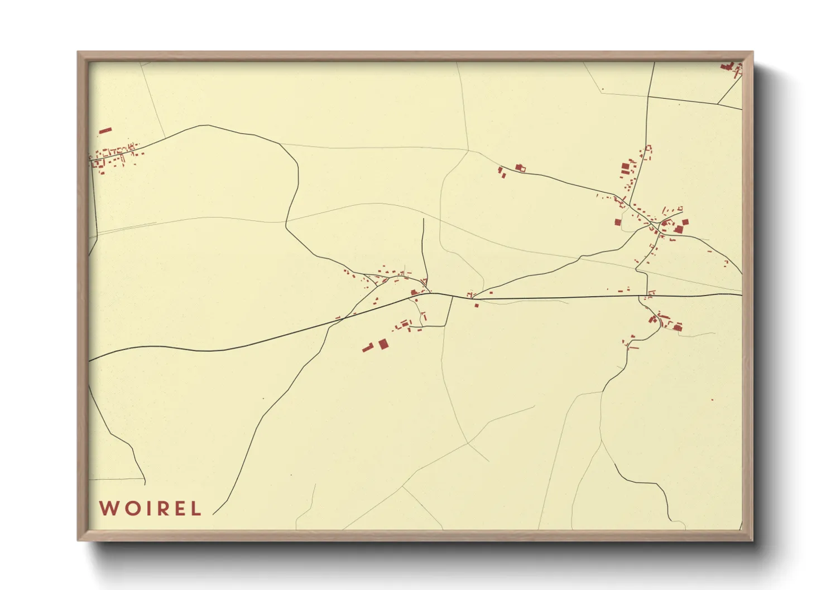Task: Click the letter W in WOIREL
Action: pos(108,509)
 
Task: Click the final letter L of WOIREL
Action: pos(195,509)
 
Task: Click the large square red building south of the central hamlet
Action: pos(383,344)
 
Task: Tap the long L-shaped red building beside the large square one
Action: pos(367,348)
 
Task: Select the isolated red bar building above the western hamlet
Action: pos(105,130)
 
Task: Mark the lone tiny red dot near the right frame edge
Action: pos(712,400)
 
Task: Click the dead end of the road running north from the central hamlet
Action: pos(424,219)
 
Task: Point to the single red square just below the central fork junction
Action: pos(476,305)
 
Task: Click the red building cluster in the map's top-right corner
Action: pos(730,67)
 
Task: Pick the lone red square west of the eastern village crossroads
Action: pos(618,222)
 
